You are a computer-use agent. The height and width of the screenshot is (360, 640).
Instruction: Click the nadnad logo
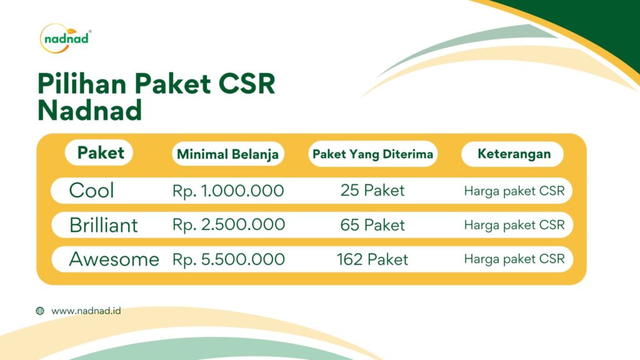65,39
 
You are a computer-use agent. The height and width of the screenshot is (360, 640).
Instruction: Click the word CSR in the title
246,84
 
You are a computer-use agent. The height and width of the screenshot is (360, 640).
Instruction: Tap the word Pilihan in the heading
82,84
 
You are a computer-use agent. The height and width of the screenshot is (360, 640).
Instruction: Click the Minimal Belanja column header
227,154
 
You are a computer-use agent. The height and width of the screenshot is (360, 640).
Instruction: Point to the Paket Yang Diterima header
372,154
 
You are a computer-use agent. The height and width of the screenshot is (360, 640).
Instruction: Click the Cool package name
91,191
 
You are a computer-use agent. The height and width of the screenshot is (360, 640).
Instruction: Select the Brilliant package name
104,225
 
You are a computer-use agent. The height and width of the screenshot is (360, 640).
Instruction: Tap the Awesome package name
114,259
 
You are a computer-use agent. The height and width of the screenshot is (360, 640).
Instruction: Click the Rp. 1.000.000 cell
227,191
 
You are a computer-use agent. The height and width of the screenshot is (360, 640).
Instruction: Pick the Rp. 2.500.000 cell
229,225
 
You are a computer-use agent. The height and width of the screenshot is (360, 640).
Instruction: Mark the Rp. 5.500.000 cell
229,259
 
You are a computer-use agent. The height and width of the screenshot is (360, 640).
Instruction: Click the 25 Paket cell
372,190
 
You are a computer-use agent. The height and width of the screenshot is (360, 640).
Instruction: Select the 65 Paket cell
372,225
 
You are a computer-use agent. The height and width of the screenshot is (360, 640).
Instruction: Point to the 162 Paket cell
372,259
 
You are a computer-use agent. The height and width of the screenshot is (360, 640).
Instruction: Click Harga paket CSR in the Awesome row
514,259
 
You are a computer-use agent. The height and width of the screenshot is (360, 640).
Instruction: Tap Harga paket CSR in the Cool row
514,191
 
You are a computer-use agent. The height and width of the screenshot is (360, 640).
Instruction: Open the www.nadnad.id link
86,311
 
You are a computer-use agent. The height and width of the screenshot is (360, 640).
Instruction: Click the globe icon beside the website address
40,311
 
